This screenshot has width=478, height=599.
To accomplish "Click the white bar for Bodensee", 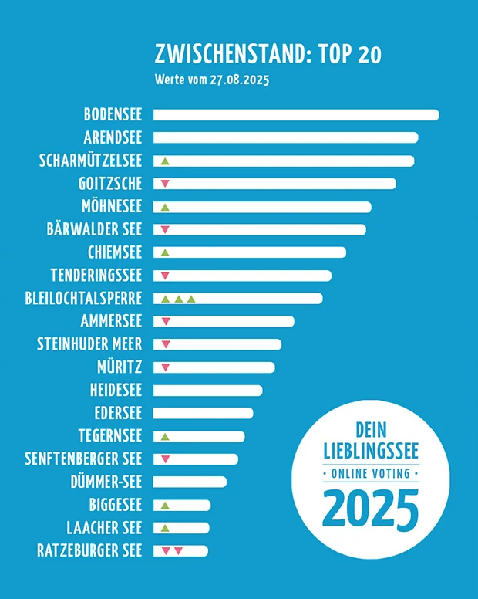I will pyautogui.click(x=296, y=115).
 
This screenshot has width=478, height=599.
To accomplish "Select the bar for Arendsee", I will pyautogui.click(x=285, y=137).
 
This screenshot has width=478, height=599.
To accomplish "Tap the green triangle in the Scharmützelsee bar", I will pyautogui.click(x=164, y=161).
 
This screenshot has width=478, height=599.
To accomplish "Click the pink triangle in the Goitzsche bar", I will pyautogui.click(x=164, y=184).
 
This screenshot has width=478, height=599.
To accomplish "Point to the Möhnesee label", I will pyautogui.click(x=112, y=206).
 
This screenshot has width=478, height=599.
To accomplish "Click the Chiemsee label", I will pyautogui.click(x=116, y=252).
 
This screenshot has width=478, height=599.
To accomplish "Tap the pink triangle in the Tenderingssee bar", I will pyautogui.click(x=164, y=276).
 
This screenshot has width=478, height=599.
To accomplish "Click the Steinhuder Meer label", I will pyautogui.click(x=89, y=344).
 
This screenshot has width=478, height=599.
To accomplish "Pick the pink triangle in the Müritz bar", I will pyautogui.click(x=164, y=367).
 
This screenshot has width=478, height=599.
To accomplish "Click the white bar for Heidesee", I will pyautogui.click(x=208, y=390).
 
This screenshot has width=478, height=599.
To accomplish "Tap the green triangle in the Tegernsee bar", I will pyautogui.click(x=164, y=436).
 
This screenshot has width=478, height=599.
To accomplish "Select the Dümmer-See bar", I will pyautogui.click(x=190, y=482).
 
